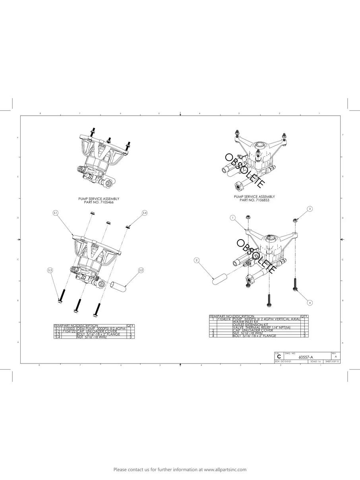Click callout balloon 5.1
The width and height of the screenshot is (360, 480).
(56, 213)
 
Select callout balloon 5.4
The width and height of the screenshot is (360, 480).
(145, 213)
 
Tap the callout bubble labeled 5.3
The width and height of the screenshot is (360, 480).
(50, 270)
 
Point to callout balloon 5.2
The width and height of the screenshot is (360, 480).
(141, 270)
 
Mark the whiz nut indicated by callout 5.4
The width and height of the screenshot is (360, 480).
(128, 227)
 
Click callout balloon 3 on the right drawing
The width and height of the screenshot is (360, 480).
(310, 209)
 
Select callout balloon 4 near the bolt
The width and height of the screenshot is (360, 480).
(310, 303)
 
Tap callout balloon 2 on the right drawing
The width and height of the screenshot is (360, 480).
(196, 260)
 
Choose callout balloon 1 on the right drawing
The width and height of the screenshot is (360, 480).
(233, 218)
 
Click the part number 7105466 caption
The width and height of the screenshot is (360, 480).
(99, 202)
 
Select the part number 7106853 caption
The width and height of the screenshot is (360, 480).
(254, 200)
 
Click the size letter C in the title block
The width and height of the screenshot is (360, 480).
(279, 357)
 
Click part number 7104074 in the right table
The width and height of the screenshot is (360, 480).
(224, 319)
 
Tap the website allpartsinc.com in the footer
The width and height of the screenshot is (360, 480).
(225, 469)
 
